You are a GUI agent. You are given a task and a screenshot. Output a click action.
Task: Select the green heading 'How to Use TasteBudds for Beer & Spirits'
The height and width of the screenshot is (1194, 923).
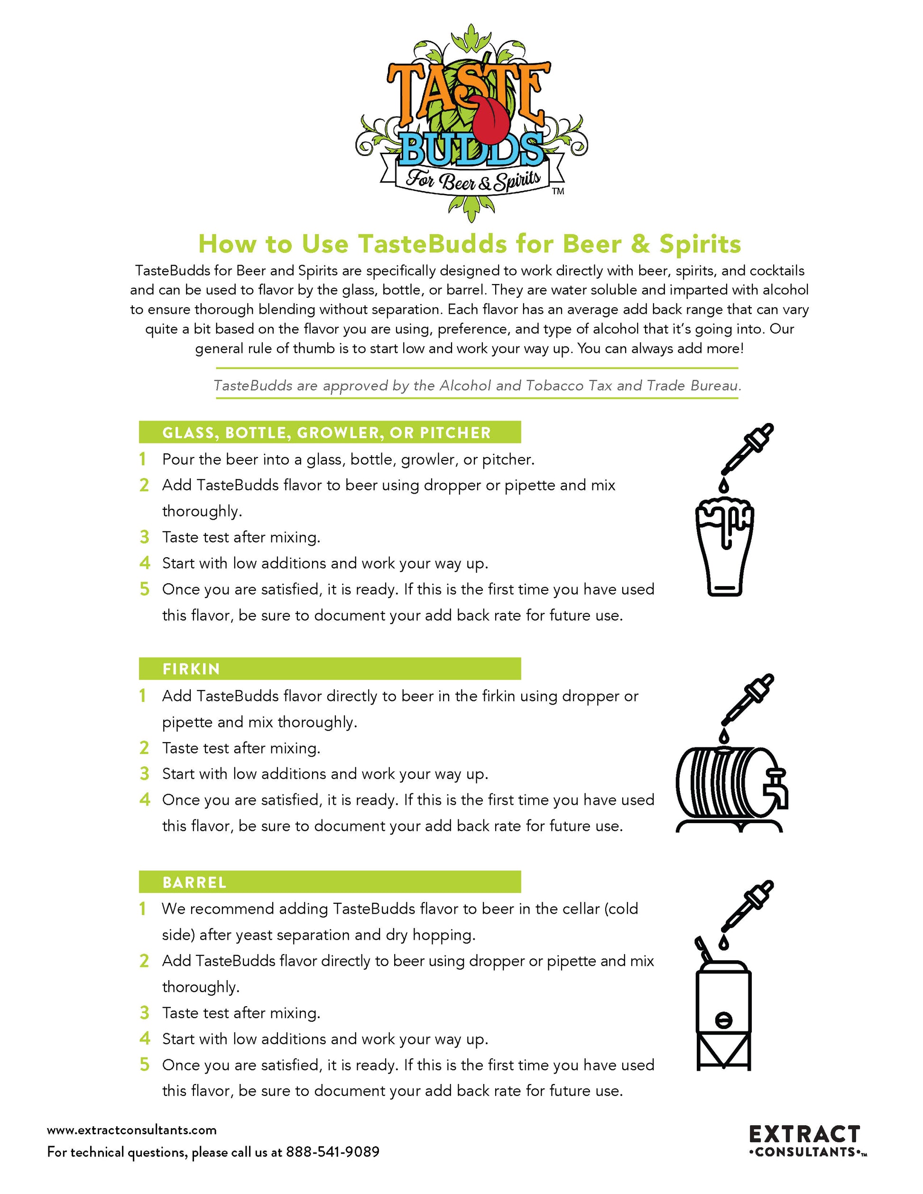(x=469, y=244)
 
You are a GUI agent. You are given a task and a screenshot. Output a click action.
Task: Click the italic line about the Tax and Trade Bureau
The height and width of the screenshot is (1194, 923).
(x=477, y=386)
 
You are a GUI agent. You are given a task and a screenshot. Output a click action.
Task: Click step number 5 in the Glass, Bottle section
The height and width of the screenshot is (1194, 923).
(x=144, y=589)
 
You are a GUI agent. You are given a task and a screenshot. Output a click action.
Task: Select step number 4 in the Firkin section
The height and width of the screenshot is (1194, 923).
(x=144, y=800)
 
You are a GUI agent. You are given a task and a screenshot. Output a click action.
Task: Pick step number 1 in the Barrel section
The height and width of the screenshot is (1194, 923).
(x=143, y=909)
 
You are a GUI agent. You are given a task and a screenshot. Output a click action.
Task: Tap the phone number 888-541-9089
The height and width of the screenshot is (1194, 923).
(x=332, y=1152)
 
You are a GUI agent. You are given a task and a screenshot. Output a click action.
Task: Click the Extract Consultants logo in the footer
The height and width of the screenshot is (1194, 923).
(x=806, y=1140)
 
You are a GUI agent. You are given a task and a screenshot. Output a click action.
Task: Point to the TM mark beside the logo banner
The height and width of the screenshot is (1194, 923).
(x=558, y=192)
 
